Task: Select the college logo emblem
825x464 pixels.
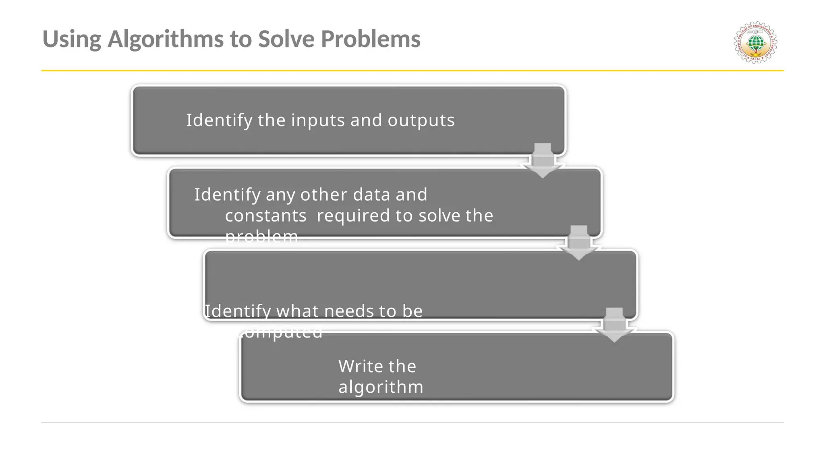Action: [755, 42]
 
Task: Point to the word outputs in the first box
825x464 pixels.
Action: [421, 120]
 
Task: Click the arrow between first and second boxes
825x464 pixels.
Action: [543, 161]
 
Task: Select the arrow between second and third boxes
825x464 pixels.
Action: [579, 243]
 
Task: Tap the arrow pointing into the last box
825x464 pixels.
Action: [614, 325]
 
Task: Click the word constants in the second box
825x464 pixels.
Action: [266, 216]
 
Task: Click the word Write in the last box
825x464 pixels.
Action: [360, 367]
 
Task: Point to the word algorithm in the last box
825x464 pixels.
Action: [381, 387]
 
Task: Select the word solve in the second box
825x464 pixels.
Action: [439, 216]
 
